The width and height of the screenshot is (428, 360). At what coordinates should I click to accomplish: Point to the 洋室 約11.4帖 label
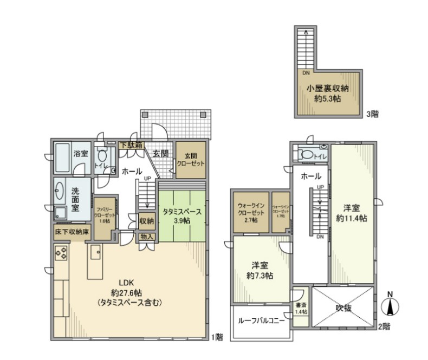click(x=351, y=213)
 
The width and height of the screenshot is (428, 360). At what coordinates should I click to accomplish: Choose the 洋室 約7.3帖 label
click(x=262, y=270)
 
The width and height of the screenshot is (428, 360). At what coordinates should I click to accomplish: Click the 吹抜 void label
click(x=343, y=308)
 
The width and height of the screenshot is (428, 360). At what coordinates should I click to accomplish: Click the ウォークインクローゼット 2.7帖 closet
click(x=250, y=213)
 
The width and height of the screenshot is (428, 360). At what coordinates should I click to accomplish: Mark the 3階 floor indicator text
click(x=372, y=114)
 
